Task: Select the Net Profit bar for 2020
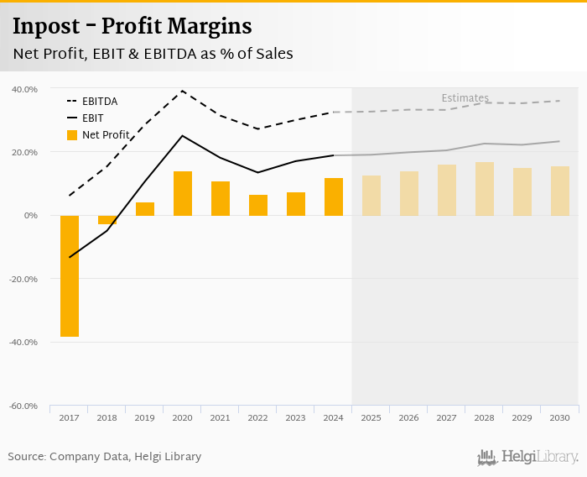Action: (183, 193)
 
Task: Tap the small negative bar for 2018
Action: (107, 220)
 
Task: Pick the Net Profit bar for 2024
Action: (334, 197)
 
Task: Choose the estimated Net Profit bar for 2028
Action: (485, 189)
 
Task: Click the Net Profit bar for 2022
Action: (258, 205)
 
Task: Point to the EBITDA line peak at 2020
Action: (183, 91)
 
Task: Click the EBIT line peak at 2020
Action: (183, 135)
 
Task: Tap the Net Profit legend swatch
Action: (71, 134)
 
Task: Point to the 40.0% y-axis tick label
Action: (24, 89)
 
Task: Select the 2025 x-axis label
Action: (371, 417)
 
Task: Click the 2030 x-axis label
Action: (559, 417)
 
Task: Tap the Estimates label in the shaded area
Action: (465, 98)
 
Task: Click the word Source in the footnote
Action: (26, 457)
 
